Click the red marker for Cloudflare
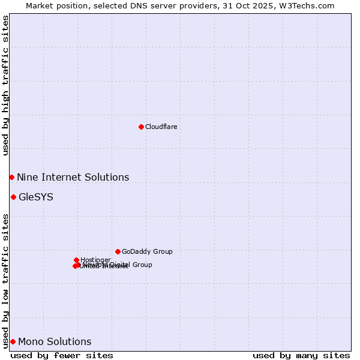coord(141,127)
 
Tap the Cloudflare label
coord(161,127)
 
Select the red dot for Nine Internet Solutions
coord(11,177)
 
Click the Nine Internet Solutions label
coord(73,177)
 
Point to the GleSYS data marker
coord(13,197)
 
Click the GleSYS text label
coord(36,197)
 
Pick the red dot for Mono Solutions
coord(13,341)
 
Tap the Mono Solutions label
coord(55,341)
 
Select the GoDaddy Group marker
coord(118,251)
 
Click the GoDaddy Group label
coord(147,251)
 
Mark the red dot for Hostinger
coord(76,260)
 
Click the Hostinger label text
coord(95,260)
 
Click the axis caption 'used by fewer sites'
coord(62,355)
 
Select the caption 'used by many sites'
coord(301,355)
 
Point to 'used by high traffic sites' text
coord(5,85)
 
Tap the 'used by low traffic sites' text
coord(5,281)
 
